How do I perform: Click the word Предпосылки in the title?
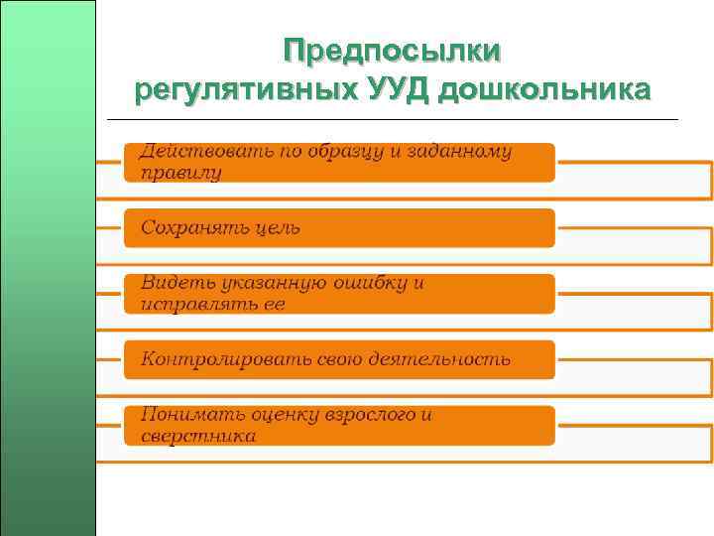(x=392, y=52)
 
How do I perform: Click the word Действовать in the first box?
(x=194, y=152)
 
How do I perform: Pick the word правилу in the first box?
(x=181, y=173)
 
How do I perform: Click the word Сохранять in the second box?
(x=191, y=227)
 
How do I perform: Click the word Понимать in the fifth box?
(x=187, y=414)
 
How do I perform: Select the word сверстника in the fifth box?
(x=198, y=435)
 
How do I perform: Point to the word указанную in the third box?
(x=269, y=283)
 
